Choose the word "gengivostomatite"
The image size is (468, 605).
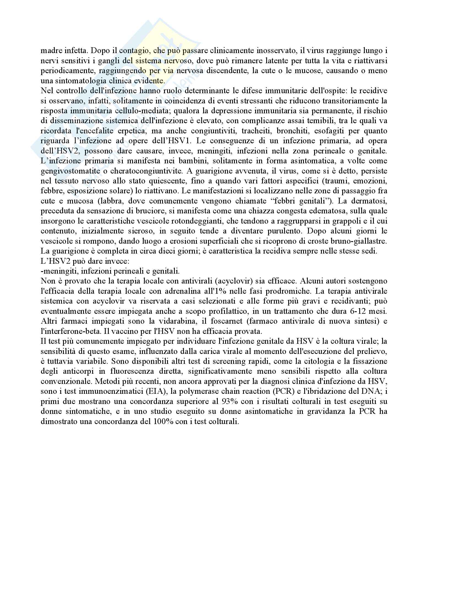click(70, 171)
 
